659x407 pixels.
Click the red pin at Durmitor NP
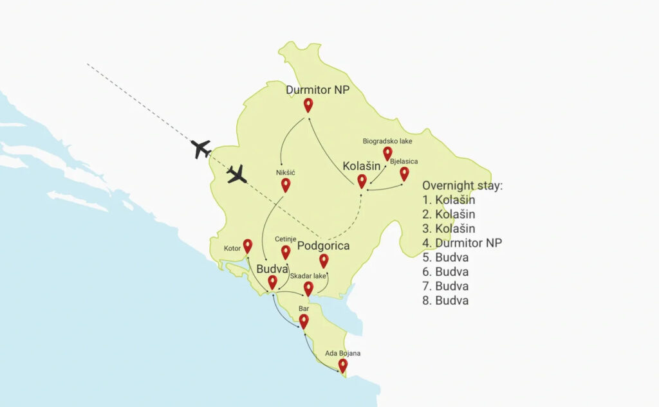point(308,105)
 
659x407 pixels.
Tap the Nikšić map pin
point(286,185)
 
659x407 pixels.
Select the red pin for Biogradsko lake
point(387,152)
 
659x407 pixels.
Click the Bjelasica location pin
point(404,173)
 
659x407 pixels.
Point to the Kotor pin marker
point(247,246)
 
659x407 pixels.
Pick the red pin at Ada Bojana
point(343,365)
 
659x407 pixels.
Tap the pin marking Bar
point(304,320)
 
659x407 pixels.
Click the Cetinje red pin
point(286,251)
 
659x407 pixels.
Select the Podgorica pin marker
point(324,260)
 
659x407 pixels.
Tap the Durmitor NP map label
point(318,90)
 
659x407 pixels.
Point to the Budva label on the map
point(272,269)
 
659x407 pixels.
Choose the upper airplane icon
point(201,149)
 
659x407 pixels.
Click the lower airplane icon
point(237,174)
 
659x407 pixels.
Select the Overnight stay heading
point(462,186)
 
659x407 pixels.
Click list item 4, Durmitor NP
point(462,243)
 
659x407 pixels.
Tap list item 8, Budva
point(445,300)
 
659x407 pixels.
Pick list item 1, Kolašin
point(449,200)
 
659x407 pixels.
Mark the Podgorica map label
point(323,246)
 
